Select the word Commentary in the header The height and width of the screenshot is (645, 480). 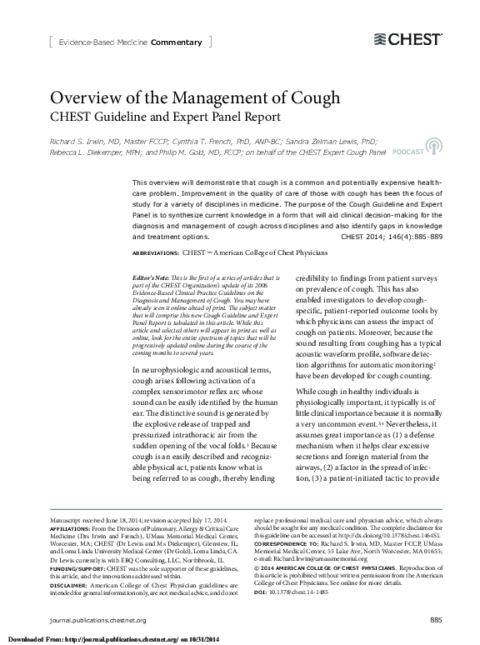pos(176,42)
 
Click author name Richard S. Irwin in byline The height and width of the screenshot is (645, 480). pos(81,142)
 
